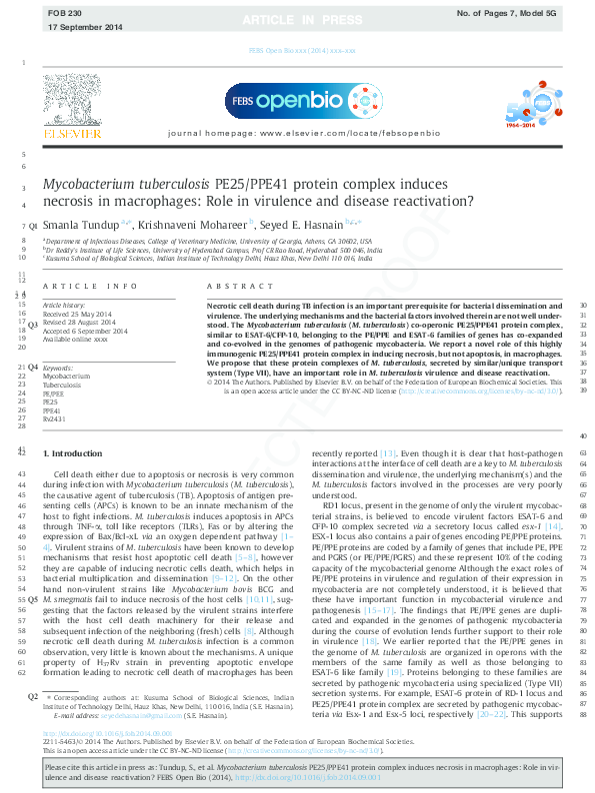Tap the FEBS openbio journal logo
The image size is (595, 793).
(x=296, y=103)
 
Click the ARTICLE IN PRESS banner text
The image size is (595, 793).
(x=296, y=17)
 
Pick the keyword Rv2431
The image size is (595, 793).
(x=53, y=419)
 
